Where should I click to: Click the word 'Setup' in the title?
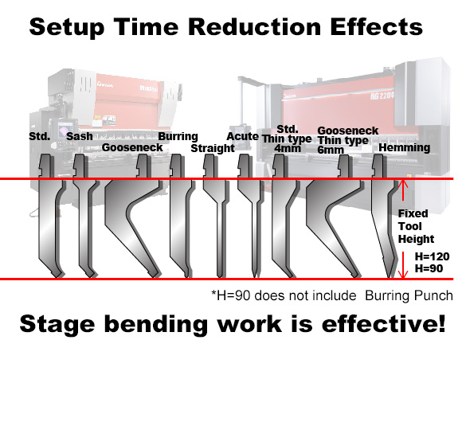click(x=67, y=28)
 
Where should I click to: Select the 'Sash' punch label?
click(x=80, y=136)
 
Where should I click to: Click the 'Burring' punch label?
click(x=178, y=137)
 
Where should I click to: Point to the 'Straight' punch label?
click(x=213, y=148)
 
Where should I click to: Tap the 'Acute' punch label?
click(x=242, y=136)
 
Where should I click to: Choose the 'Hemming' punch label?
click(x=405, y=148)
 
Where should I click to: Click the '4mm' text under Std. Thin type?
click(x=288, y=148)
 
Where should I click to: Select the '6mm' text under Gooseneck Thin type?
click(x=331, y=150)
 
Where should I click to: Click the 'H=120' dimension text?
click(x=433, y=257)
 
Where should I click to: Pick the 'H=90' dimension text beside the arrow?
click(x=429, y=268)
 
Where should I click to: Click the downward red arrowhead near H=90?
click(x=403, y=275)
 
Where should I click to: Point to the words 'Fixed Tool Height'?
click(x=416, y=226)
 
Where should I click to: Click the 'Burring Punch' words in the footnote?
click(x=409, y=296)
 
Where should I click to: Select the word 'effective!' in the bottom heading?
click(x=384, y=324)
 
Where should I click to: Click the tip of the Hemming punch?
click(x=390, y=277)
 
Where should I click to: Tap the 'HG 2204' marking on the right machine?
click(x=382, y=96)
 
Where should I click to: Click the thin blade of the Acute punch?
click(x=255, y=240)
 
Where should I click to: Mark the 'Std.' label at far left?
click(x=40, y=136)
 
